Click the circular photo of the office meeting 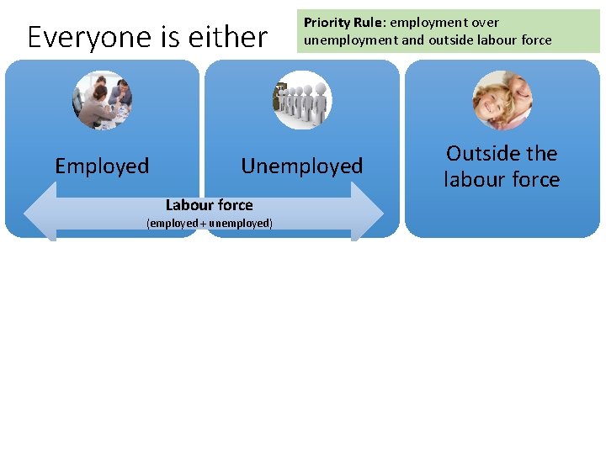pyautogui.click(x=103, y=100)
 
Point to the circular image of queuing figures pyautogui.click(x=302, y=101)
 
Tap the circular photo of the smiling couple pyautogui.click(x=502, y=100)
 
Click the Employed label pyautogui.click(x=102, y=166)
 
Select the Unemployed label pyautogui.click(x=302, y=166)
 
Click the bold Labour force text pyautogui.click(x=209, y=205)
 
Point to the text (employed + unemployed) pyautogui.click(x=210, y=224)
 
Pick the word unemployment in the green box pyautogui.click(x=345, y=40)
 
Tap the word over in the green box pyautogui.click(x=485, y=23)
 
